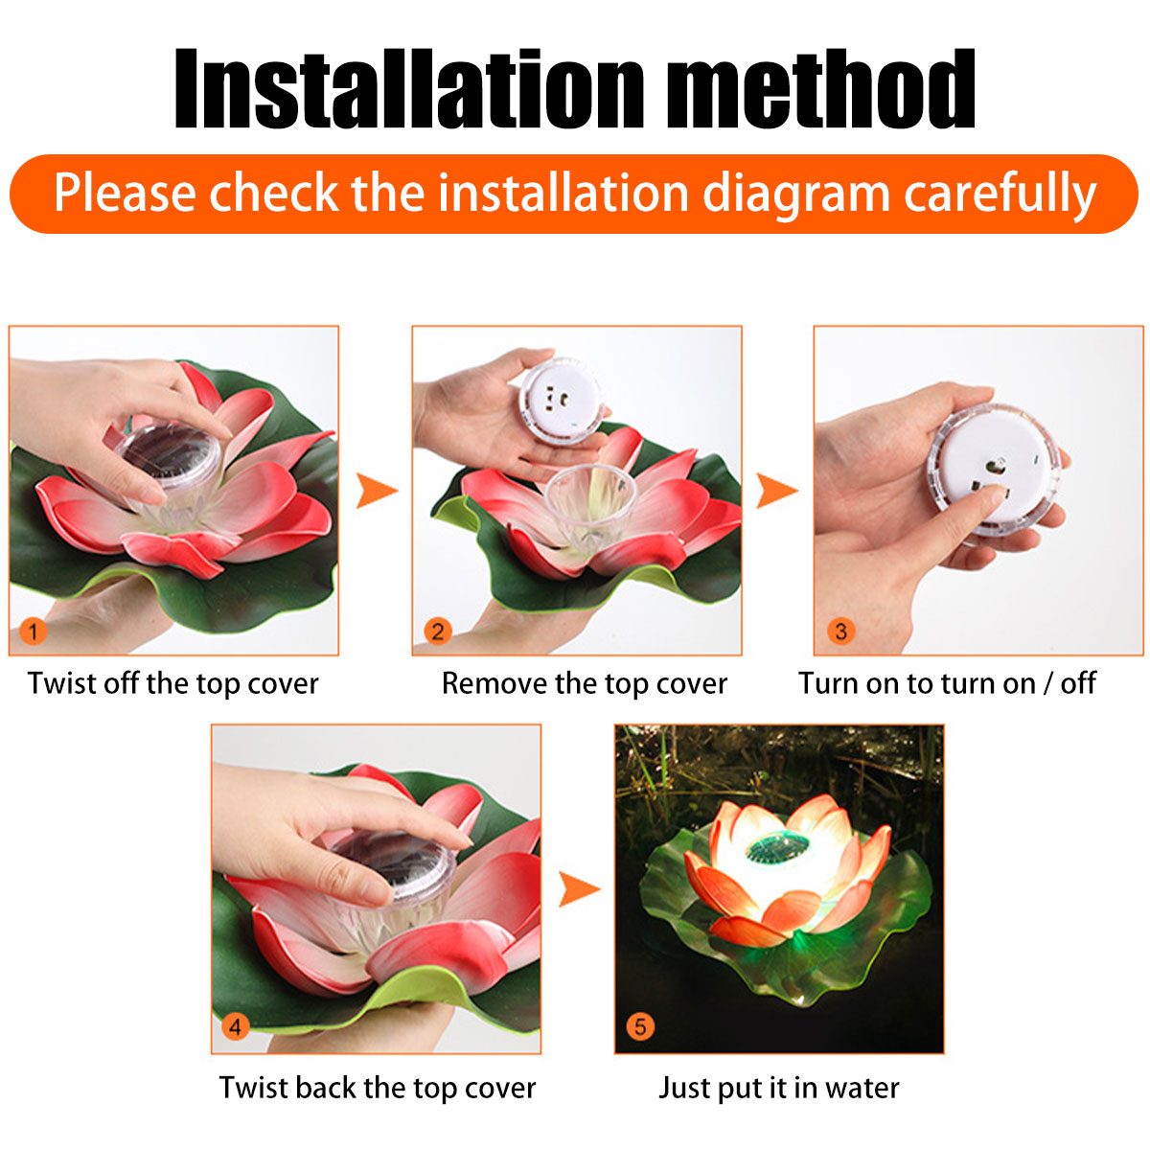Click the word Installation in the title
pyautogui.click(x=409, y=88)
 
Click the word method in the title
pyautogui.click(x=820, y=88)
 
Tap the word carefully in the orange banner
pyautogui.click(x=1000, y=194)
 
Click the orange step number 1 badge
pyautogui.click(x=33, y=632)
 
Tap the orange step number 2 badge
pyautogui.click(x=437, y=632)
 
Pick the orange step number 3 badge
pyautogui.click(x=840, y=632)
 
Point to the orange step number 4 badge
pyautogui.click(x=235, y=1026)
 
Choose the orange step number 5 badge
pyautogui.click(x=640, y=1026)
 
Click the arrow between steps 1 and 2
pyautogui.click(x=376, y=491)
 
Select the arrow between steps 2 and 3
pyautogui.click(x=776, y=491)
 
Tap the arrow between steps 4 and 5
pyautogui.click(x=579, y=889)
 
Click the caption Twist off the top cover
pyautogui.click(x=173, y=684)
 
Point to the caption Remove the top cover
pyautogui.click(x=585, y=684)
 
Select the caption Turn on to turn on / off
pyautogui.click(x=947, y=684)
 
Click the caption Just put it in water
pyautogui.click(x=779, y=1088)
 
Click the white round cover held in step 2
pyautogui.click(x=561, y=401)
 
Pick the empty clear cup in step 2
pyautogui.click(x=590, y=507)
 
